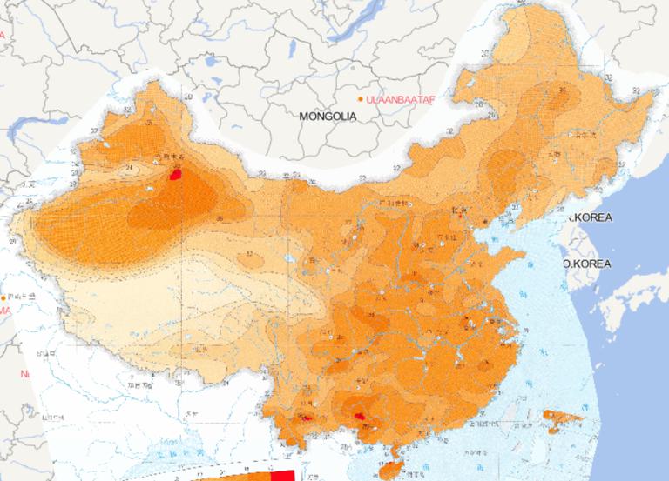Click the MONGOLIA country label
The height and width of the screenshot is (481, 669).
coord(328,116)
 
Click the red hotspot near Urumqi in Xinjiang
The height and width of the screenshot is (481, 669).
coord(176,174)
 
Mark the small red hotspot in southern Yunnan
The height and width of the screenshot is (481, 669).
coord(307,418)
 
